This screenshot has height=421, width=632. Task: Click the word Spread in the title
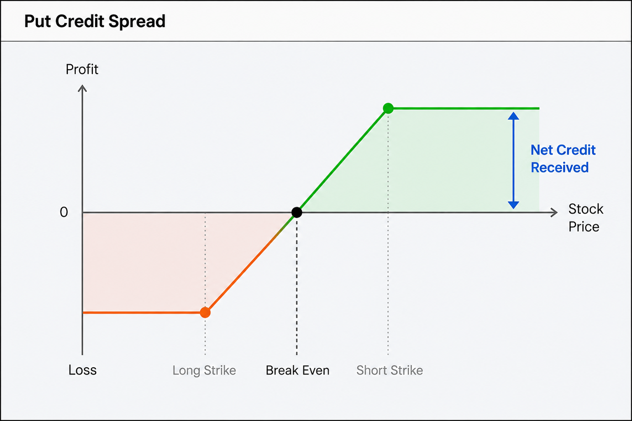137,22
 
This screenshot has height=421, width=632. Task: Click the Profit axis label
82,70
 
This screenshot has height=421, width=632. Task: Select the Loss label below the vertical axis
82,370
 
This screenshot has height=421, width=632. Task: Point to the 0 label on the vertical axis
64,212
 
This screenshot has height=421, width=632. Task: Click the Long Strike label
204,370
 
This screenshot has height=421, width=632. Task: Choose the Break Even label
298,370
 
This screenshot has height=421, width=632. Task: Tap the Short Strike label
389,370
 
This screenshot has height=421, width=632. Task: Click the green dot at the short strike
388,108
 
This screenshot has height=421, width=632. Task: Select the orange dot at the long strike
205,312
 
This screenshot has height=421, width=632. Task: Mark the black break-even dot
297,212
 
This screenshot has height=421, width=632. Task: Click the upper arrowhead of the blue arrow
513,116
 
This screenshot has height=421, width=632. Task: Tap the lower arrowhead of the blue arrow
513,205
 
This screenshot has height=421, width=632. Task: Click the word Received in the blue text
560,167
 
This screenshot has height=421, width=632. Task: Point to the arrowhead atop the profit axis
82,88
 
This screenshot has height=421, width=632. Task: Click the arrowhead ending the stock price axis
554,212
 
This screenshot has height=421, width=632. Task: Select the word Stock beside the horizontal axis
586,209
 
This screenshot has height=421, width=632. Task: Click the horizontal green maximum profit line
464,108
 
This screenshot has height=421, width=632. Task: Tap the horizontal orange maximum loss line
144,312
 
